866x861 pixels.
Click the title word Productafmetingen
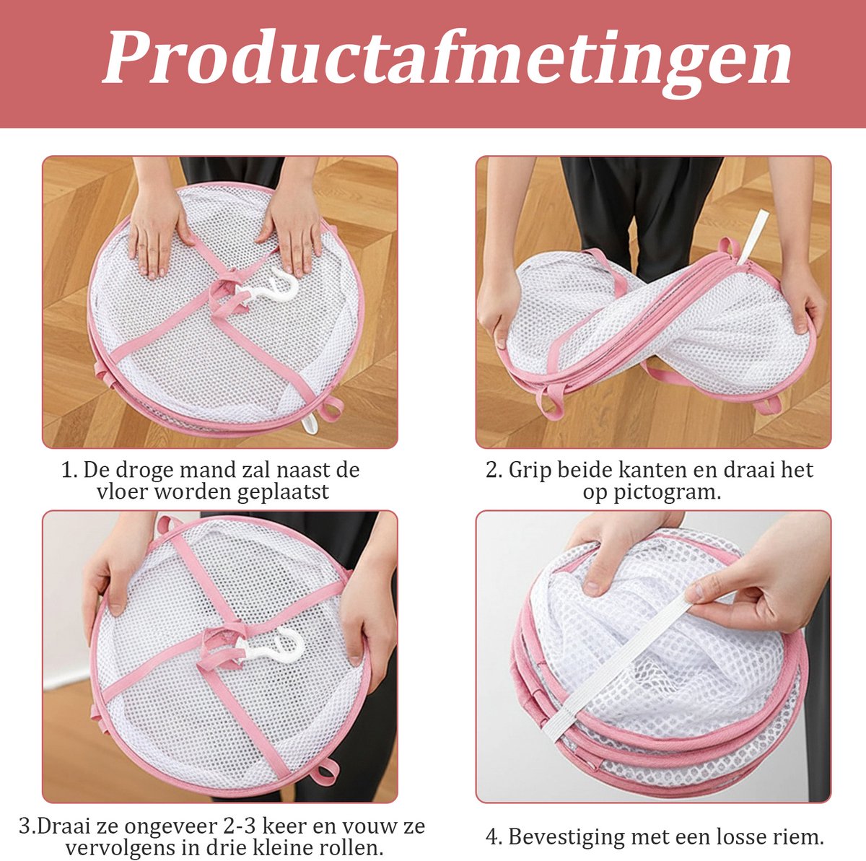coord(447,61)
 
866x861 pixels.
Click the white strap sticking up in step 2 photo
coord(752,237)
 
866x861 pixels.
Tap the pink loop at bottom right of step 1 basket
coord(332,408)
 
